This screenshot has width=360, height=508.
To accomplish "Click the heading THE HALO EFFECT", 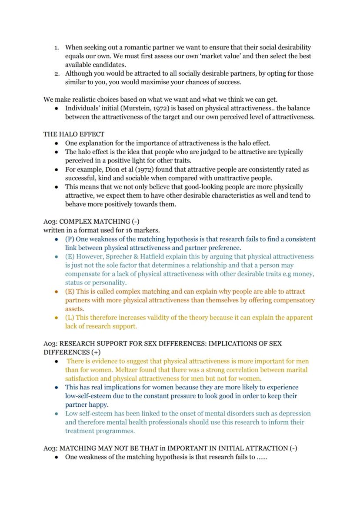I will pos(73,134).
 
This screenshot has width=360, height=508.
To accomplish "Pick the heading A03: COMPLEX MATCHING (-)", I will pos(91,221).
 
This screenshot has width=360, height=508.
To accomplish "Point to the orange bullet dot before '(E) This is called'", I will pos(57,292).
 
